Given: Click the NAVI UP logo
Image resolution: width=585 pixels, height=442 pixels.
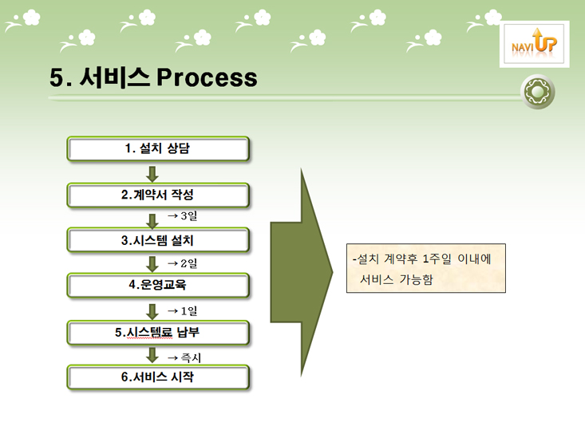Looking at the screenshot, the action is coord(534,44).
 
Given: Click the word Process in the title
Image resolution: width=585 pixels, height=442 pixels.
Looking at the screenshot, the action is coord(207,77).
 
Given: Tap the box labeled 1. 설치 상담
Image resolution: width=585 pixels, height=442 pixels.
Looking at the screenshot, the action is coord(158,149).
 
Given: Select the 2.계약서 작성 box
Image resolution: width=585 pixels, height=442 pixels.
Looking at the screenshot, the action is coord(158,195).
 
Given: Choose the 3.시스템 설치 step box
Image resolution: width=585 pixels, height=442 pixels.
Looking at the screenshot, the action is coord(158,240).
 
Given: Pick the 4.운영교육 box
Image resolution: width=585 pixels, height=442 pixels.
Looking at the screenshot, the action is coord(158,286).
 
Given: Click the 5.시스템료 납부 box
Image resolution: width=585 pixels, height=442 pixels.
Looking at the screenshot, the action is coord(158,333).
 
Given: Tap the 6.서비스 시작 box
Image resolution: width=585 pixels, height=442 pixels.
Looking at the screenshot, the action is coord(158,377).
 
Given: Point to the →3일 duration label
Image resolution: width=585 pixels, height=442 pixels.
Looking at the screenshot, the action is coord(182,215).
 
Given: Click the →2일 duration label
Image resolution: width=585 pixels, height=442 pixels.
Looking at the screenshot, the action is coord(182,263).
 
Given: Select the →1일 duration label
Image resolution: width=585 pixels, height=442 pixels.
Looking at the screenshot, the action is coord(182,310).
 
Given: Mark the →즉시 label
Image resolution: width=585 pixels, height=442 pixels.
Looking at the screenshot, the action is coord(184,357).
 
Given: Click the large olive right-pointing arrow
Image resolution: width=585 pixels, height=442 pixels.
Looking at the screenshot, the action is coord(301,272).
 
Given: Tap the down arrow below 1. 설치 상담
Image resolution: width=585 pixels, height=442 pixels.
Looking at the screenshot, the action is coord(152,174).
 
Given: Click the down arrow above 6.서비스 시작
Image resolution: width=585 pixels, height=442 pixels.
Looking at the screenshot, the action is coord(152,355).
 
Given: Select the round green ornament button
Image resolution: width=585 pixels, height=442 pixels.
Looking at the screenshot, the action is coord(538,92).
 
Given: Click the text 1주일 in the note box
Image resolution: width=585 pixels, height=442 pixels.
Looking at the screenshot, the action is coord(437,258).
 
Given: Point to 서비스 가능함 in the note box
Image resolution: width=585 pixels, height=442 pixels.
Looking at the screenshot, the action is coord(396,279).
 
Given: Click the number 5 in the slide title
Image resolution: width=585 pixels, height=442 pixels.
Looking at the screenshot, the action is coord(57,78).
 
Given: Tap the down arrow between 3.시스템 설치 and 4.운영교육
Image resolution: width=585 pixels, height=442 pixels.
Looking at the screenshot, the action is coord(152,264).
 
